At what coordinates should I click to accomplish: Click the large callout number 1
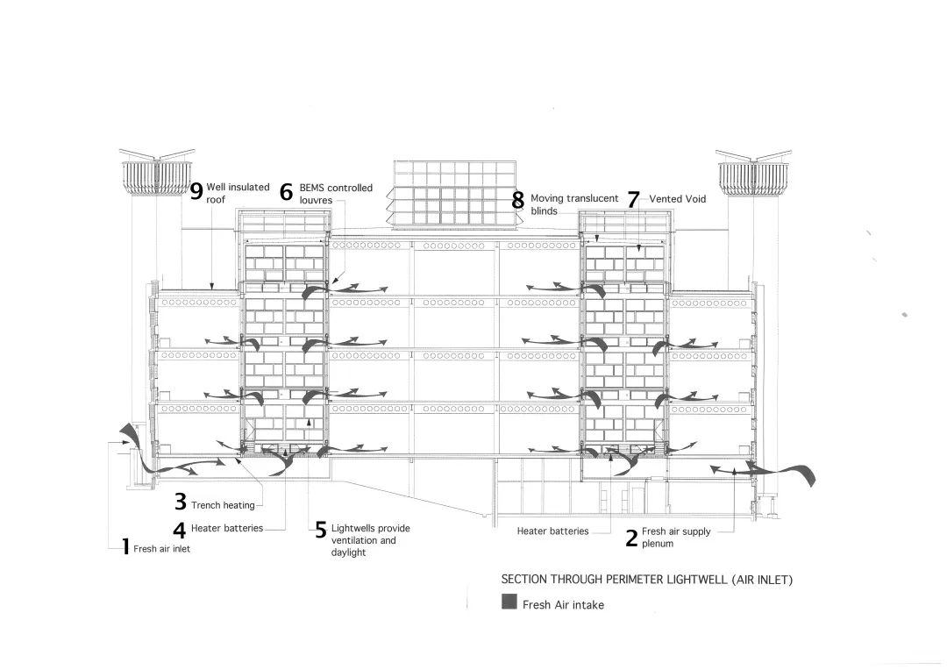pyautogui.click(x=125, y=548)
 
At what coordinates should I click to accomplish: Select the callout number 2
pyautogui.click(x=631, y=538)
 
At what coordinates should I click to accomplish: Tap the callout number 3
pyautogui.click(x=180, y=502)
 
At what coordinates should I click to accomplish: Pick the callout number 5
pyautogui.click(x=321, y=531)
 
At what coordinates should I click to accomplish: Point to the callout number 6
pyautogui.click(x=286, y=192)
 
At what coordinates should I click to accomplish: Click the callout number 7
pyautogui.click(x=633, y=199)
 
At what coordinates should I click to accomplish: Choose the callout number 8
pyautogui.click(x=518, y=200)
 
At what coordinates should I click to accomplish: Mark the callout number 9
pyautogui.click(x=196, y=190)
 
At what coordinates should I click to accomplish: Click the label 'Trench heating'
pyautogui.click(x=224, y=505)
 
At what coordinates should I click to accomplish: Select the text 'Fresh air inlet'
pyautogui.click(x=161, y=549)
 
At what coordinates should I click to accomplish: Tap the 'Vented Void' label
pyautogui.click(x=678, y=199)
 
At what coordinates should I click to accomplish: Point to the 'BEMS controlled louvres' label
pyautogui.click(x=336, y=193)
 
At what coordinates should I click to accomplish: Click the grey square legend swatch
pyautogui.click(x=509, y=602)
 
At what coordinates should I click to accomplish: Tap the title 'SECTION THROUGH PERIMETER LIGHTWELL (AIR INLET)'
pyautogui.click(x=646, y=580)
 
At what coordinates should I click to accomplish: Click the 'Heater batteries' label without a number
pyautogui.click(x=552, y=531)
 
